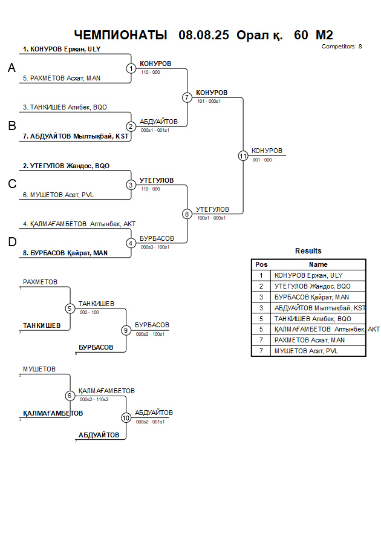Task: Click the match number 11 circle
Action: [x=243, y=155]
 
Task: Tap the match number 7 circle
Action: [x=187, y=97]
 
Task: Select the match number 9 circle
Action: [x=126, y=330]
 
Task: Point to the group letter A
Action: [x=11, y=69]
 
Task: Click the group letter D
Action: [x=11, y=243]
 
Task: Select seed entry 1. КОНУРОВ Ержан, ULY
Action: [x=61, y=49]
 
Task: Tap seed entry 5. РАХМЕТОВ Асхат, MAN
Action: [x=61, y=78]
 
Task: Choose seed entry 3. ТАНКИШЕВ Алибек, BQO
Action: [x=65, y=107]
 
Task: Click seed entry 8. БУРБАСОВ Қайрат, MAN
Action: [x=65, y=253]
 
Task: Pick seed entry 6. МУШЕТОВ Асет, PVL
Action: [x=58, y=195]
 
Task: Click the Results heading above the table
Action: [x=308, y=251]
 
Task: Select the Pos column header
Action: [x=261, y=264]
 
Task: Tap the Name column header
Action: [x=318, y=264]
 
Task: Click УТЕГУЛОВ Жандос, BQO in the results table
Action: [x=312, y=286]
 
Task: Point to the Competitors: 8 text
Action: [x=342, y=47]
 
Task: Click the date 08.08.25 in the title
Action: [x=204, y=35]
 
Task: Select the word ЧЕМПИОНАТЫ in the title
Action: [x=120, y=35]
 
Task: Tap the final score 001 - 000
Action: [x=262, y=160]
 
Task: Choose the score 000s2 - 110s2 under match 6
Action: [x=94, y=399]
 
